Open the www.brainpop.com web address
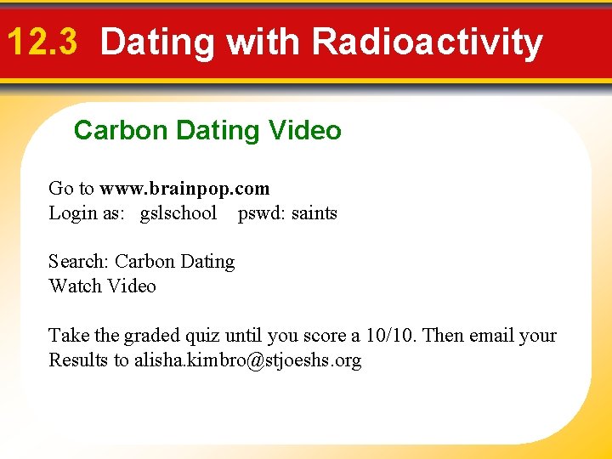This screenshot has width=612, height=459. [x=184, y=189]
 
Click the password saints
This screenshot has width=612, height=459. [x=314, y=213]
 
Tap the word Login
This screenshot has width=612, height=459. [x=71, y=213]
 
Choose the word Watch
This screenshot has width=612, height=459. [x=75, y=286]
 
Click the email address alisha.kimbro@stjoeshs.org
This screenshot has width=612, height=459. [x=247, y=360]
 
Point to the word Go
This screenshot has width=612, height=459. [x=60, y=189]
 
